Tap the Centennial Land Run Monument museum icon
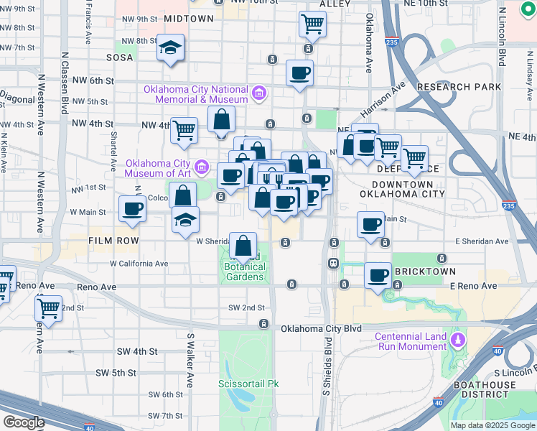coord(457,338)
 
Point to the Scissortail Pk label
coord(248,384)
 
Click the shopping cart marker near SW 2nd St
coord(48,309)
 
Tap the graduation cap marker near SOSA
coord(170,48)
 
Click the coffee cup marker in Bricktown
coord(378,274)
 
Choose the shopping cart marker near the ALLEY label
coord(313,24)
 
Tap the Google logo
coord(24,422)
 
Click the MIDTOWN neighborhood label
coord(188,18)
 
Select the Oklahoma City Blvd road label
coord(320,329)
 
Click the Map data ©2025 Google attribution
coord(493,425)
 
